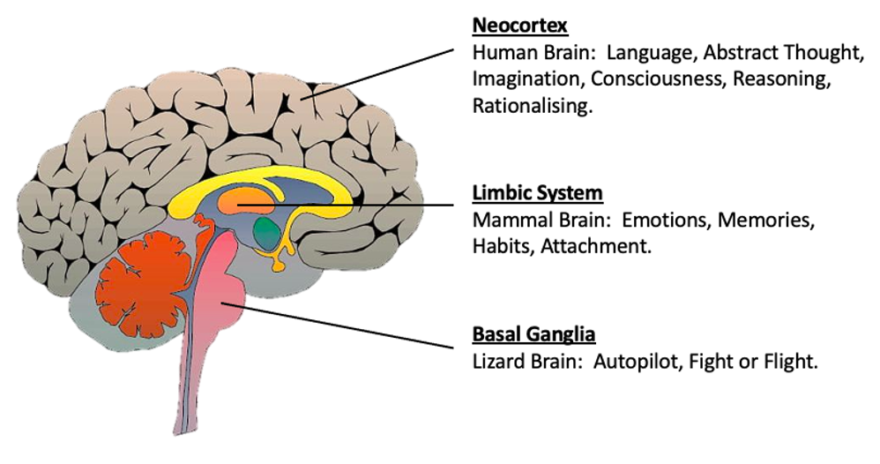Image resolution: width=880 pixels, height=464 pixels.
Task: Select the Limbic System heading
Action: pos(526,191)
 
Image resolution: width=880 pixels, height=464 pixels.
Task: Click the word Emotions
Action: pos(667,219)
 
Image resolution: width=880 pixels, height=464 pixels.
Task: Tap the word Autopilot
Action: pos(637,361)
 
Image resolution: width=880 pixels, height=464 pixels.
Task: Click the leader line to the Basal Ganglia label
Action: pos(353,325)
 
